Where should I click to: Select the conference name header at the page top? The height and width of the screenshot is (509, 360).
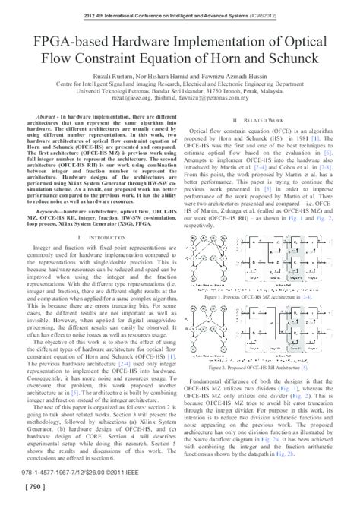(180, 12)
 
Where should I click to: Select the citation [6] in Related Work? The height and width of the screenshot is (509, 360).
(327, 152)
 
